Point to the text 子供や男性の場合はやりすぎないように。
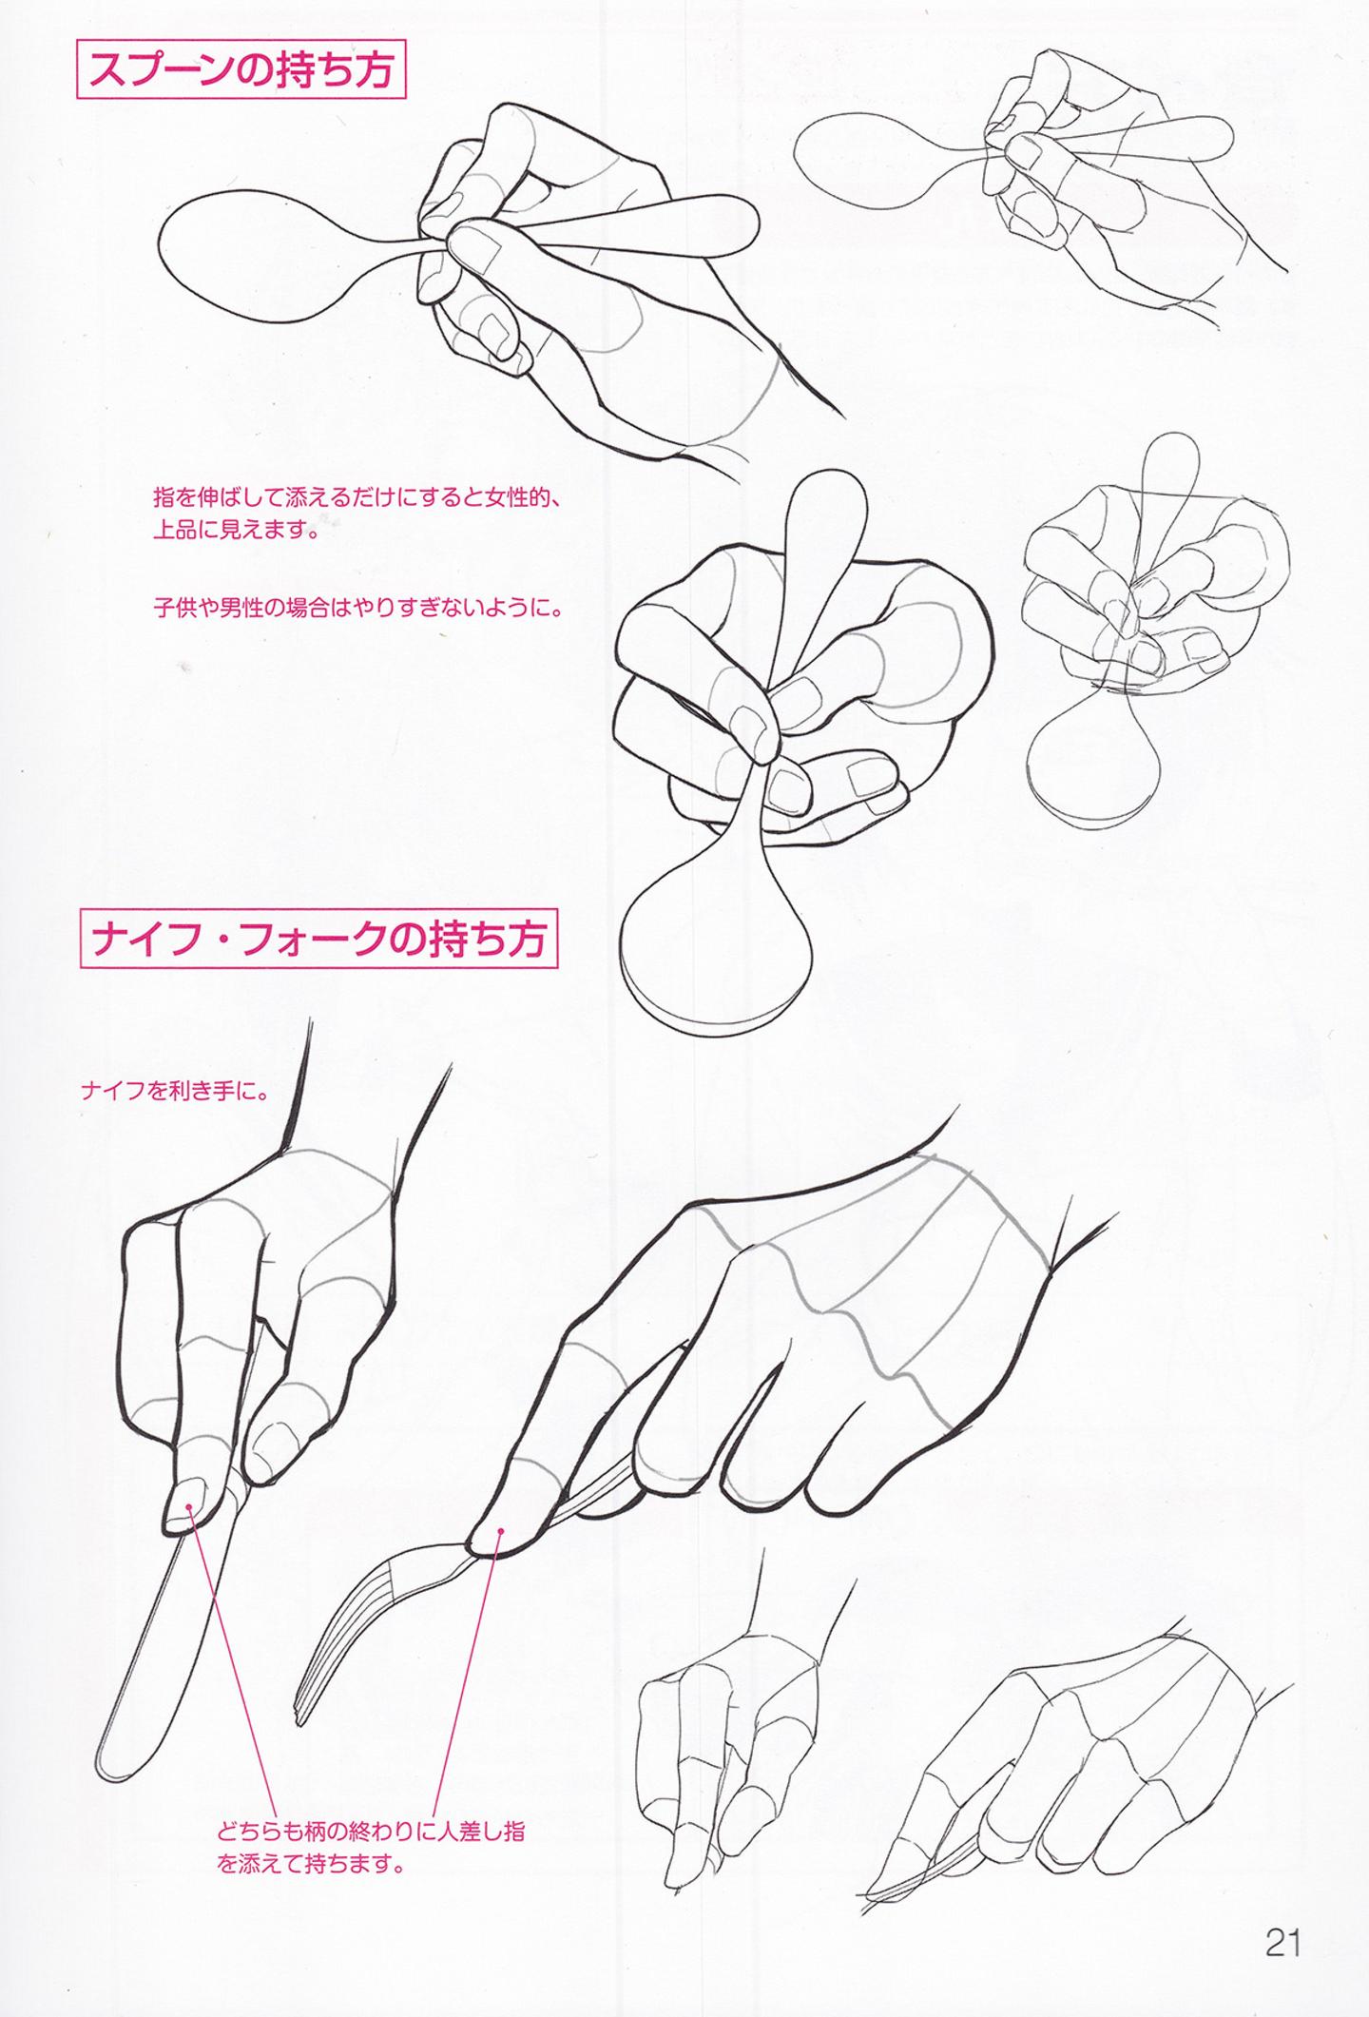357,607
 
